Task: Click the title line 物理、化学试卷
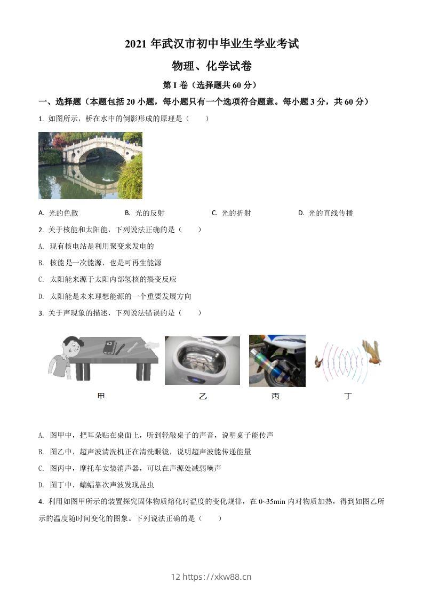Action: [x=211, y=66]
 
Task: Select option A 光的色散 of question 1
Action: [x=59, y=213]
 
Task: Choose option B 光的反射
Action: [x=145, y=213]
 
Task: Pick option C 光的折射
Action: [x=232, y=213]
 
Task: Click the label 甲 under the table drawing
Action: [x=101, y=396]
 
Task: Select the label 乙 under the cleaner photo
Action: [x=202, y=396]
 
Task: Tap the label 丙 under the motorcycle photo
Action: [x=275, y=396]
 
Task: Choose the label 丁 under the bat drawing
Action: [x=348, y=396]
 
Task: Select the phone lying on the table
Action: [x=109, y=347]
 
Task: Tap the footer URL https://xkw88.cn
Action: [x=217, y=577]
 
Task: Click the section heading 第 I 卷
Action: [x=211, y=85]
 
